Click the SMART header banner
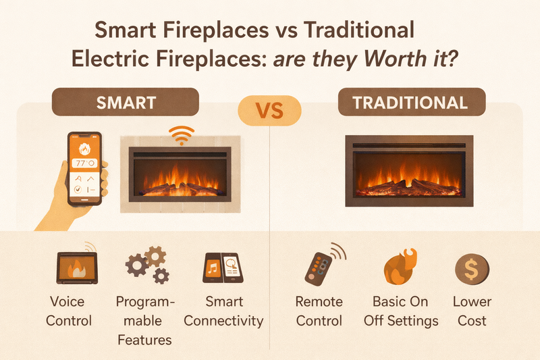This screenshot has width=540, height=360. tap(126, 103)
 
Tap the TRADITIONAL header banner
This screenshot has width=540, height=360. tap(410, 103)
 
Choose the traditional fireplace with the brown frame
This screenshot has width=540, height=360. tap(410, 170)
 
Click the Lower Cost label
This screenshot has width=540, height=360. tap(472, 311)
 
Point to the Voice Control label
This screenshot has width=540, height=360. tap(70, 311)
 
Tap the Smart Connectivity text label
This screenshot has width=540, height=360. tap(223, 311)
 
